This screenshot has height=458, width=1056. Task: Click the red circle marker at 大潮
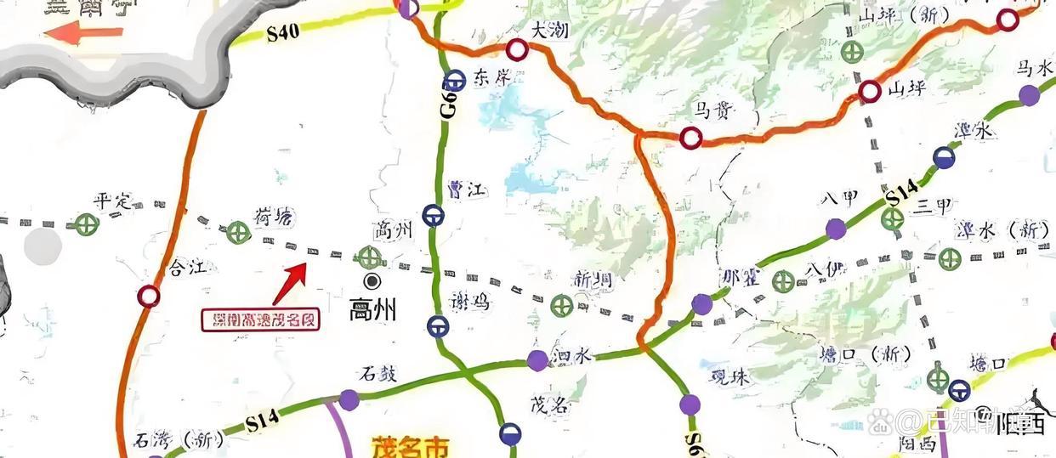(x=517, y=49)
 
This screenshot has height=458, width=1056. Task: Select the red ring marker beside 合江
(x=149, y=296)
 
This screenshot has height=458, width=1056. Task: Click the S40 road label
(x=282, y=33)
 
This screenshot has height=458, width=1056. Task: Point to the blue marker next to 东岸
(x=456, y=80)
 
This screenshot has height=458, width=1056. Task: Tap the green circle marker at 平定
(x=84, y=224)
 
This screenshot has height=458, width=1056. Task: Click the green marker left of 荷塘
(x=237, y=231)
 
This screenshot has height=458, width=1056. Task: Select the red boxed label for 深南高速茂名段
(x=260, y=319)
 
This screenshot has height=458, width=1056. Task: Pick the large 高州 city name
(x=373, y=310)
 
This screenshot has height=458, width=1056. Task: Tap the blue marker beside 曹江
(x=433, y=216)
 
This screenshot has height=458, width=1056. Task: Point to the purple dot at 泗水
(x=537, y=360)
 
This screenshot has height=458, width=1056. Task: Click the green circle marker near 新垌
(x=560, y=305)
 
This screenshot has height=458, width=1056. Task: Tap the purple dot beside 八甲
(x=836, y=228)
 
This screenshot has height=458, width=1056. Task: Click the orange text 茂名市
(x=409, y=447)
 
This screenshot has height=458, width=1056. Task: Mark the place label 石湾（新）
(x=179, y=440)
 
